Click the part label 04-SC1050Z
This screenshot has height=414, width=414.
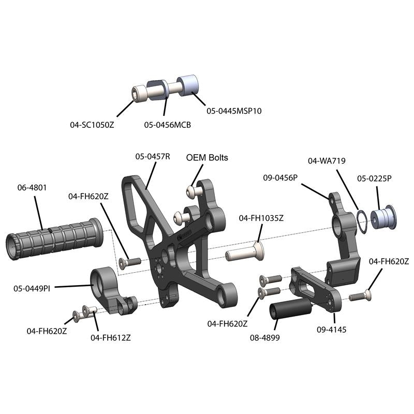click(x=92, y=125)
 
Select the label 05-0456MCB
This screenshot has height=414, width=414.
click(x=167, y=125)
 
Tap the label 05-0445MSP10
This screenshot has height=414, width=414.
click(x=234, y=111)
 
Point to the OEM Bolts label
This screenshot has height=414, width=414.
click(x=207, y=158)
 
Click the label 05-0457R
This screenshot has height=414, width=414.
click(x=153, y=156)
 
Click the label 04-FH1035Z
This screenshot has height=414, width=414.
click(x=261, y=218)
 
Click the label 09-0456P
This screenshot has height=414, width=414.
click(x=280, y=177)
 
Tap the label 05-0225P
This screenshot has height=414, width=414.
click(x=374, y=178)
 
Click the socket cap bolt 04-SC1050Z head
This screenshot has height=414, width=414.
click(x=139, y=94)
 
